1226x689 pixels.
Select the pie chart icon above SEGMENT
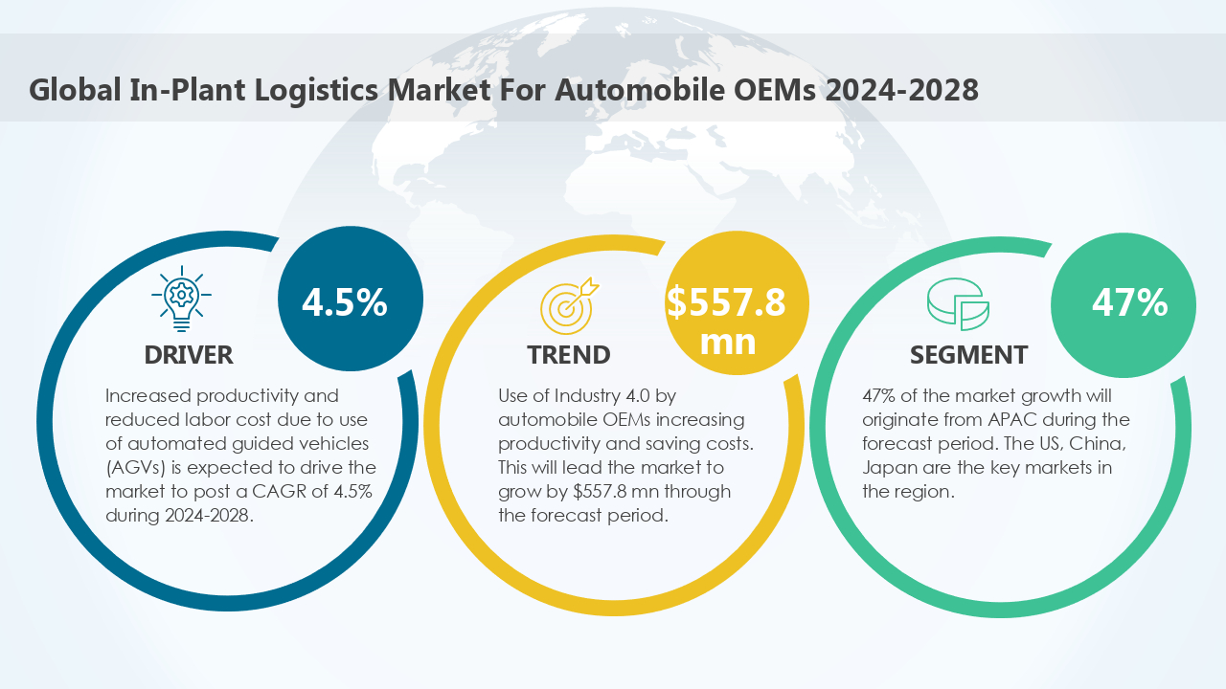click(x=958, y=304)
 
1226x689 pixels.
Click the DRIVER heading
click(x=189, y=355)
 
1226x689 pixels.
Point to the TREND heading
click(x=568, y=355)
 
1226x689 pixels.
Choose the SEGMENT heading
click(x=968, y=355)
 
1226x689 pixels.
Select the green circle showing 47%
click(x=1123, y=302)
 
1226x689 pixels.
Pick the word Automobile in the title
click(x=631, y=90)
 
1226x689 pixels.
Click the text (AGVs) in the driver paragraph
click(x=132, y=467)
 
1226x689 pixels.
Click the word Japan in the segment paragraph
click(x=887, y=467)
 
